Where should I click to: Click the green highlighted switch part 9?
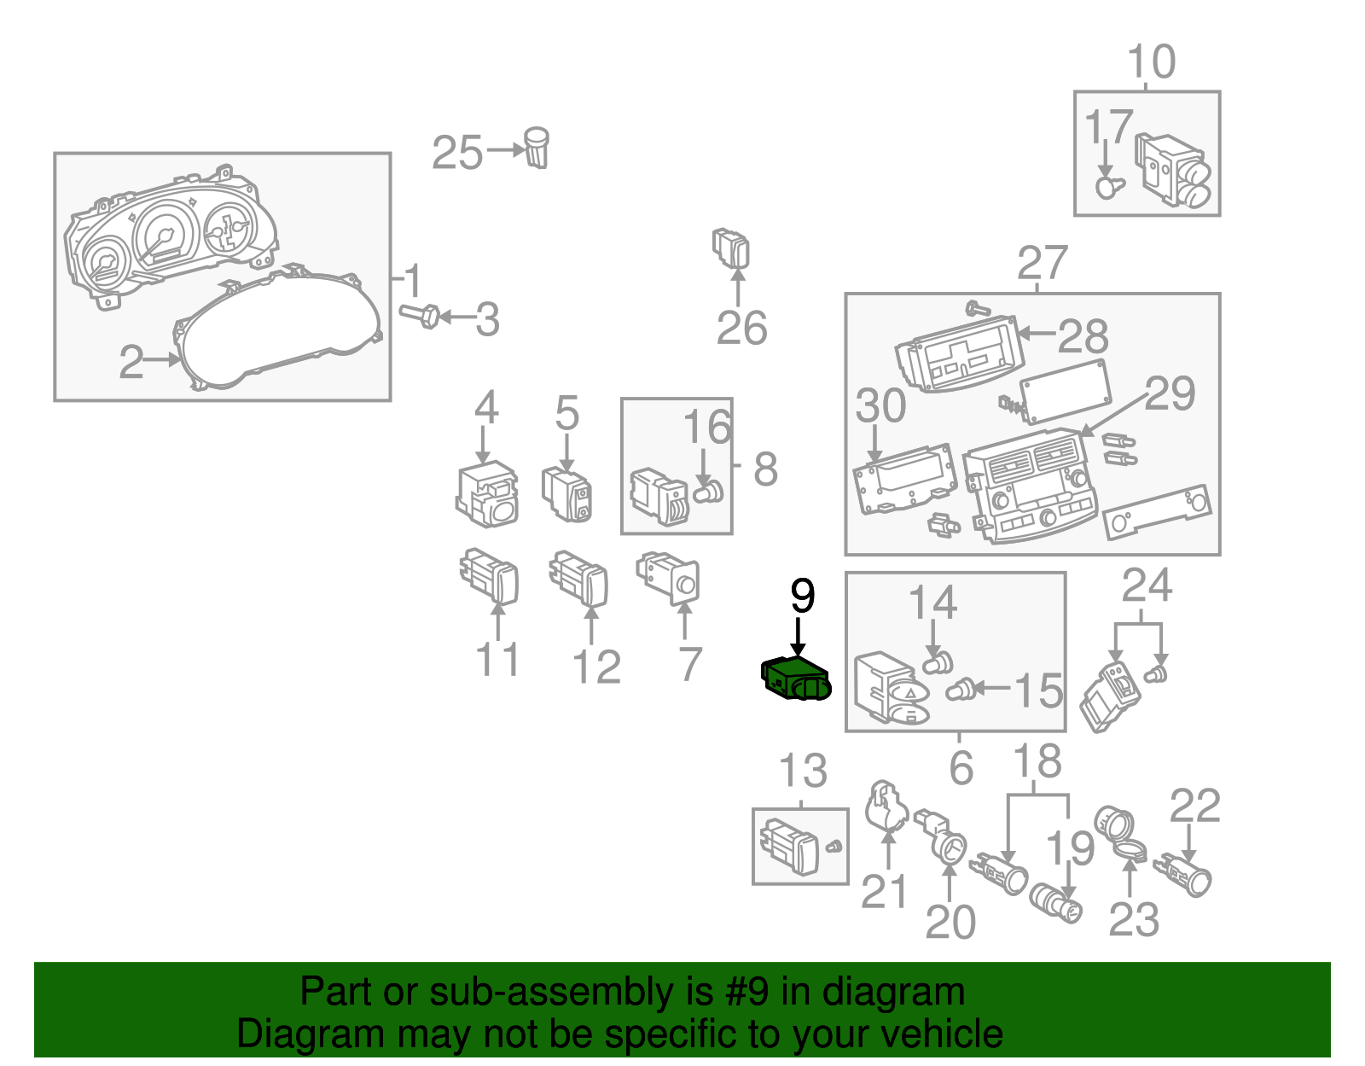794,679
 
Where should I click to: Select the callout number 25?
457,154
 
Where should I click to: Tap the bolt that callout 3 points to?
420,316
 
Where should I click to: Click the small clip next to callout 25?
537,149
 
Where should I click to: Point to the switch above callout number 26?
731,248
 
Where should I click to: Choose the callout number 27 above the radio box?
1042,264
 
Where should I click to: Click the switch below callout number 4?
487,495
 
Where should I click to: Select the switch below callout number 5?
567,494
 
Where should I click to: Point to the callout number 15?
1038,690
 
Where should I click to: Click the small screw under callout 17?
1108,187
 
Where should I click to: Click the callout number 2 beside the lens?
131,362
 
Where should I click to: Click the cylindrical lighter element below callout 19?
1055,902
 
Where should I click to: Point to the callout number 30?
880,405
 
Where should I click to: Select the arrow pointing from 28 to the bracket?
1037,334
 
